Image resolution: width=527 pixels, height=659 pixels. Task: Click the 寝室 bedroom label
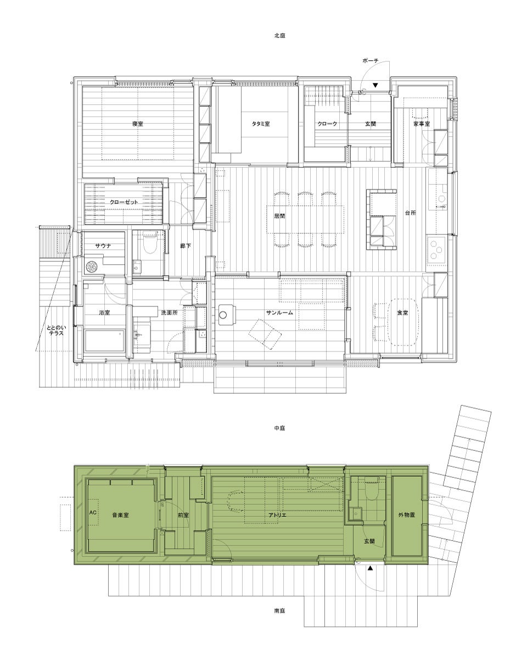click(137, 124)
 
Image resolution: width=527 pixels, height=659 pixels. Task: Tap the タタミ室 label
click(261, 124)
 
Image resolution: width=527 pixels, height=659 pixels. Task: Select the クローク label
click(327, 124)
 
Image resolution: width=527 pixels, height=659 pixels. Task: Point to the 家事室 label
click(422, 124)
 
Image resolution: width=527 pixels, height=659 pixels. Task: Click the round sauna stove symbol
click(91, 266)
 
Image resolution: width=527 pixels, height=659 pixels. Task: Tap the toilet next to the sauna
click(150, 243)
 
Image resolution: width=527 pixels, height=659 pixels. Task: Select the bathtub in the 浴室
click(105, 340)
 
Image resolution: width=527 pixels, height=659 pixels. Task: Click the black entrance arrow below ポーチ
click(375, 85)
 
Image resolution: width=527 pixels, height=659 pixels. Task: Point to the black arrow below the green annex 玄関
click(371, 568)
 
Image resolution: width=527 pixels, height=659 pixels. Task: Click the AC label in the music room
click(93, 521)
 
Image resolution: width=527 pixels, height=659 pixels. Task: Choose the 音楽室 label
click(120, 524)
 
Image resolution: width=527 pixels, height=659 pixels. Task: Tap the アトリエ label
click(277, 524)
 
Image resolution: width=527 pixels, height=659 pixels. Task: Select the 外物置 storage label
click(406, 524)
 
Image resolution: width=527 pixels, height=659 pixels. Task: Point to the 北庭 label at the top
click(279, 36)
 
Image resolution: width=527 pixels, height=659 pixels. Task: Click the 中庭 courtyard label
click(279, 428)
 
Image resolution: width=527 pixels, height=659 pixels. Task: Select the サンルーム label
click(279, 312)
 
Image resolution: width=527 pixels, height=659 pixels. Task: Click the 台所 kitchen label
click(411, 213)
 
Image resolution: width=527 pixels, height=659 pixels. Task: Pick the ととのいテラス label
click(57, 331)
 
